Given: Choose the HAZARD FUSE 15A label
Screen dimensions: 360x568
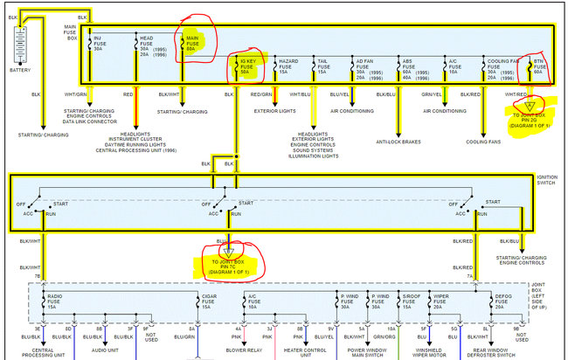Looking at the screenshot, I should (x=289, y=66).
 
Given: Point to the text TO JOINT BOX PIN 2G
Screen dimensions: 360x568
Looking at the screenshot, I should (x=528, y=118).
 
